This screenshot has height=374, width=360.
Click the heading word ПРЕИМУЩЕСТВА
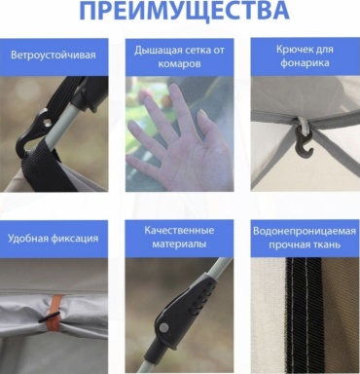click(184, 11)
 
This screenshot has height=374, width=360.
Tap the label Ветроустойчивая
click(54, 55)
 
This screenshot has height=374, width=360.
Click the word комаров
click(180, 64)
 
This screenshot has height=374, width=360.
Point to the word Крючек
click(295, 50)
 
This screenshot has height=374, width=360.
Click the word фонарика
click(305, 62)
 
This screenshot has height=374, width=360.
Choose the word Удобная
click(27, 238)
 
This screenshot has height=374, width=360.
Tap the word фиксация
click(74, 239)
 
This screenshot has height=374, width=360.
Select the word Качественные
click(179, 230)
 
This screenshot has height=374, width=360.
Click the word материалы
click(179, 243)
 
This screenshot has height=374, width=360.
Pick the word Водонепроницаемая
click(305, 231)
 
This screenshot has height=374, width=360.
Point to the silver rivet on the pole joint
click(165, 327)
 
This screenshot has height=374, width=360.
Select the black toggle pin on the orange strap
click(50, 317)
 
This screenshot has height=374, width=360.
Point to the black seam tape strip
click(304, 315)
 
